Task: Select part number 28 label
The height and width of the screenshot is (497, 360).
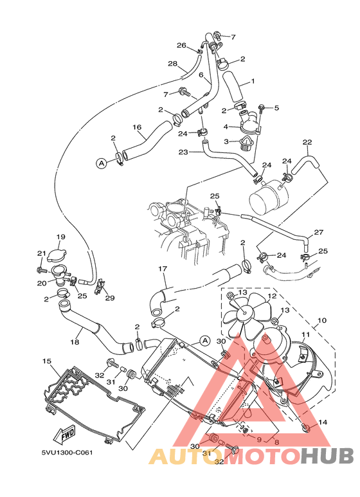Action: coord(172,63)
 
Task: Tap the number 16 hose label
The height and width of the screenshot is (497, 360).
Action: coord(137,127)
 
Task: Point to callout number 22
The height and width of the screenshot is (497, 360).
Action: coord(307,142)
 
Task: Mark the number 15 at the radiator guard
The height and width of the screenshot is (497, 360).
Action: coord(46,361)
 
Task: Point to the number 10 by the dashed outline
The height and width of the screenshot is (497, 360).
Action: coord(321,320)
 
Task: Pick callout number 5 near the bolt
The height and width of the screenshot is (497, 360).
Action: coord(276,107)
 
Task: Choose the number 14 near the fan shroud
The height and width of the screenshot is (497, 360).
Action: coord(322,422)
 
